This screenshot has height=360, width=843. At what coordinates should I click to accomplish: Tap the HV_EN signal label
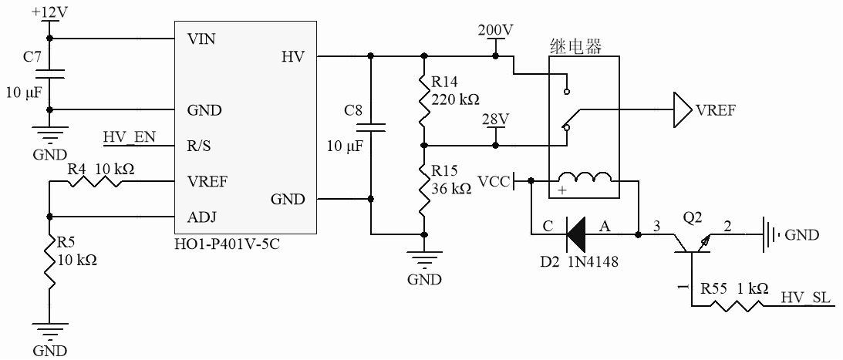click(129, 137)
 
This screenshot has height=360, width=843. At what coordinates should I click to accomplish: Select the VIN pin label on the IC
click(202, 39)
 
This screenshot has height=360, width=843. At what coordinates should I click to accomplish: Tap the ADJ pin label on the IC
click(202, 217)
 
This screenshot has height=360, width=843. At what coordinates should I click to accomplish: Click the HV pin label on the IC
click(294, 56)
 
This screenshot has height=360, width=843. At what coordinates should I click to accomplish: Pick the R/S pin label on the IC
click(201, 144)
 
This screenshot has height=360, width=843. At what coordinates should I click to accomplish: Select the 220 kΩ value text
click(455, 99)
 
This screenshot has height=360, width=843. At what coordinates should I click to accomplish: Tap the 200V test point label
click(495, 30)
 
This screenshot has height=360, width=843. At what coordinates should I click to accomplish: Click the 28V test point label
click(495, 120)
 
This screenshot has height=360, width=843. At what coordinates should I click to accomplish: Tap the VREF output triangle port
click(682, 109)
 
